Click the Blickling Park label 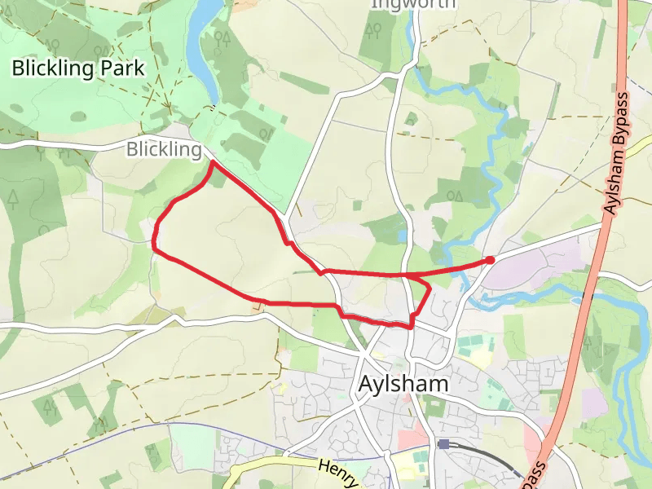[77, 68]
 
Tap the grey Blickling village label [163, 150]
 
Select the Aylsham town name [403, 384]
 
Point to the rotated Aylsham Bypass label [618, 155]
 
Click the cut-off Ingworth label [413, 4]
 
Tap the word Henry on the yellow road [337, 472]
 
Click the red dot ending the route [490, 260]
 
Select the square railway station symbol [443, 444]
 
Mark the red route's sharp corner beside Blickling [213, 162]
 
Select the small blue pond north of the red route [403, 236]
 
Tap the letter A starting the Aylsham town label [367, 384]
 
